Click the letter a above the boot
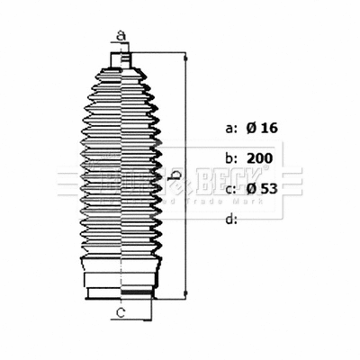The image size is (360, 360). (x=121, y=37)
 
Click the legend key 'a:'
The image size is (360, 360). (x=230, y=128)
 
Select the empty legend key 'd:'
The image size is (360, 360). (x=230, y=219)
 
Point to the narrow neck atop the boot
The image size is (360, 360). (x=121, y=59)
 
